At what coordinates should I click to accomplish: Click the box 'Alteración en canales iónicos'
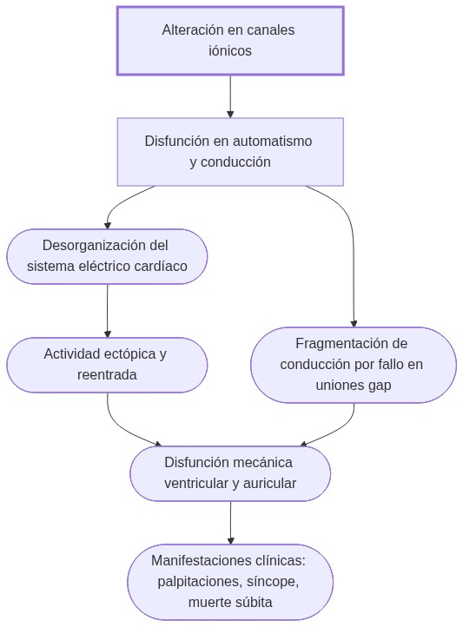[230, 41]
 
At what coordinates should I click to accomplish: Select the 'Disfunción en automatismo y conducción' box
[230, 152]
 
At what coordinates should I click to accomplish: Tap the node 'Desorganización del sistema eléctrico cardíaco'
[108, 256]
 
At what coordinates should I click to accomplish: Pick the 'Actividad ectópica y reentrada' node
[108, 365]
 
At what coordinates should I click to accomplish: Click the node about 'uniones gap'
[353, 365]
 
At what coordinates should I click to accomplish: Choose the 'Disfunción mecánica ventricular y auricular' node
[230, 473]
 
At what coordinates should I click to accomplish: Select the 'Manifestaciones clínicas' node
[230, 582]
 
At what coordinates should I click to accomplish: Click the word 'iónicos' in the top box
[230, 51]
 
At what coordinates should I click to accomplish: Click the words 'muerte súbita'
[230, 603]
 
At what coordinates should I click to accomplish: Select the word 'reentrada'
[108, 375]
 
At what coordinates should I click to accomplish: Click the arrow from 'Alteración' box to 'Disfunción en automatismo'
[230, 96]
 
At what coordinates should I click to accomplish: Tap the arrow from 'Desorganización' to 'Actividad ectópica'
[108, 311]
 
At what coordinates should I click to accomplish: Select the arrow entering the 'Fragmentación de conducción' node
[354, 261]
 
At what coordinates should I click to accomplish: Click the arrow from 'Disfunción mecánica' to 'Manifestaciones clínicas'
[230, 523]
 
